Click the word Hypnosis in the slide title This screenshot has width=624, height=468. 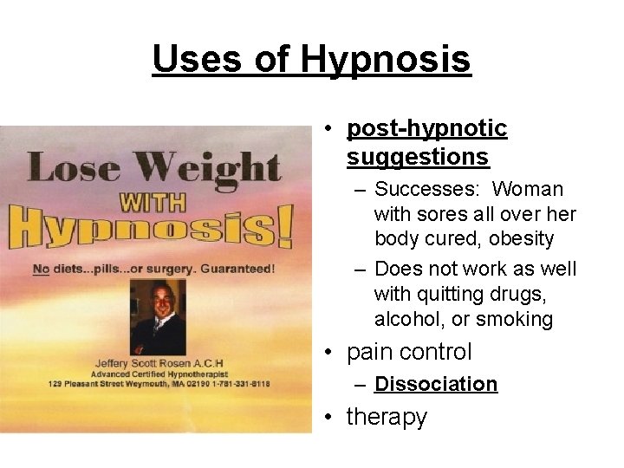(x=386, y=59)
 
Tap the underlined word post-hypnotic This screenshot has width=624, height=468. (x=426, y=128)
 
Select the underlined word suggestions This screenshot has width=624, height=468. (x=418, y=157)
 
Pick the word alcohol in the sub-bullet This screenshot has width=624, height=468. (x=406, y=319)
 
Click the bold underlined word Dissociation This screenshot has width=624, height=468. (x=436, y=384)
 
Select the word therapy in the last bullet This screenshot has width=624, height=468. (x=387, y=417)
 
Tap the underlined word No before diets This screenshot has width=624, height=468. (x=41, y=269)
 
